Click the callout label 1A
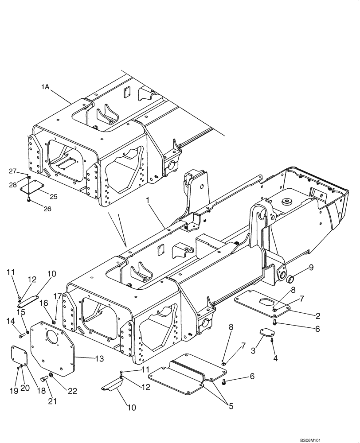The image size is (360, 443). coord(45,88)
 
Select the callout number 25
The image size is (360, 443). coord(53,196)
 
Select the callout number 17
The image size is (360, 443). coord(57,296)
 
